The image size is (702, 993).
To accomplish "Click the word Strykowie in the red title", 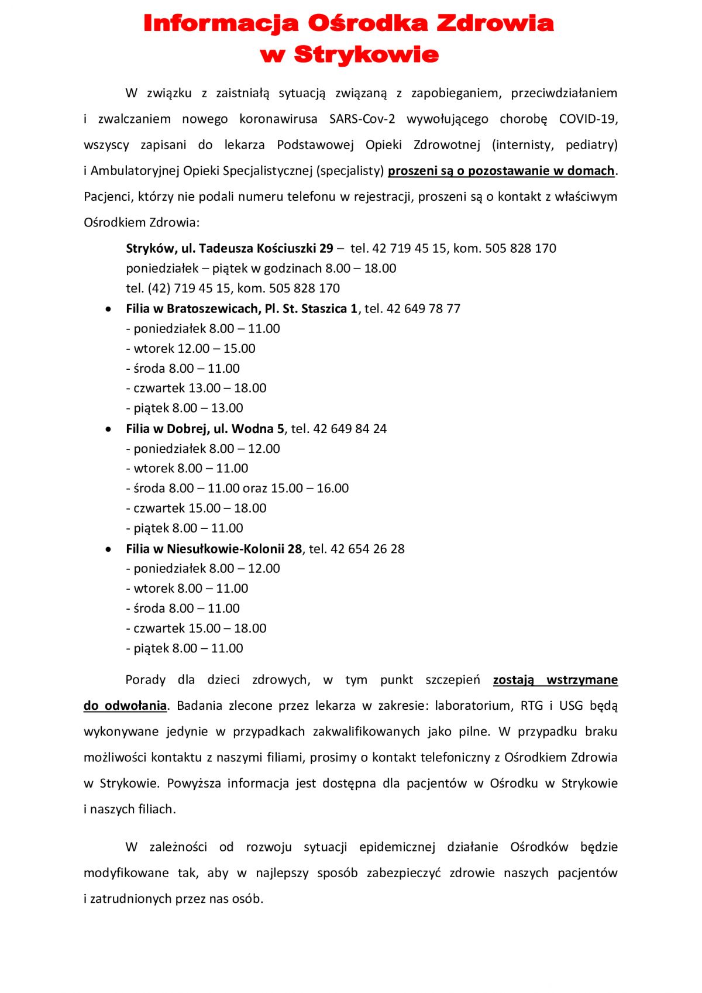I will point(366,55).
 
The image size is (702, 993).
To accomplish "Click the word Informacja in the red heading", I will point(221,24).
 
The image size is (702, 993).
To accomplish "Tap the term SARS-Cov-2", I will point(362,119).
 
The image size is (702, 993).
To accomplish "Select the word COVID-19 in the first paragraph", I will point(587,119).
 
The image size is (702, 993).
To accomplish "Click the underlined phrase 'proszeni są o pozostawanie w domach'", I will point(501,171).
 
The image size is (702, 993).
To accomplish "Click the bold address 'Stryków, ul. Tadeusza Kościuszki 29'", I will point(229,249).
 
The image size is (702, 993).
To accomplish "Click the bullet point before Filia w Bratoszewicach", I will point(108,309).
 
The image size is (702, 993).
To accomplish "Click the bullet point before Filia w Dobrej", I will point(108,430).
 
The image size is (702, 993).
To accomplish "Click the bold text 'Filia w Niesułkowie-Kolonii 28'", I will point(214,549).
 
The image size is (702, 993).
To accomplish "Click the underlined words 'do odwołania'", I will point(125,706).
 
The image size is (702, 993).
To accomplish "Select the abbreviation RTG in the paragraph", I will point(531,706).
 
